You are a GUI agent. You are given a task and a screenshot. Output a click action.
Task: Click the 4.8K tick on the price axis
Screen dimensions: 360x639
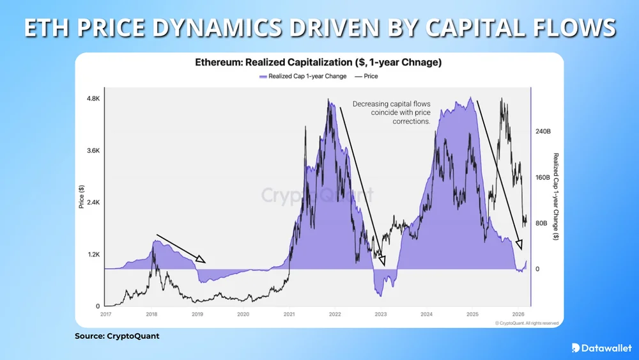[x=92, y=99]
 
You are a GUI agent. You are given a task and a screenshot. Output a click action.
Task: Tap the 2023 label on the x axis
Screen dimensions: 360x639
[x=381, y=314]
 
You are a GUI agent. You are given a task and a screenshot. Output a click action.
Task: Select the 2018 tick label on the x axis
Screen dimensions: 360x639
[x=151, y=314]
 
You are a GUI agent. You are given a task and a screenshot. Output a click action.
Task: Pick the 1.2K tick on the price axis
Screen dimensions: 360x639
[x=92, y=254]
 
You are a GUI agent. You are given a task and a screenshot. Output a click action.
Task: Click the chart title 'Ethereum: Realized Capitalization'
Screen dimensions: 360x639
[x=318, y=63]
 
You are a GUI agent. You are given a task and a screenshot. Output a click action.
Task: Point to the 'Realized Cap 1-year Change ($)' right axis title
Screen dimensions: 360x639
[x=556, y=196]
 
